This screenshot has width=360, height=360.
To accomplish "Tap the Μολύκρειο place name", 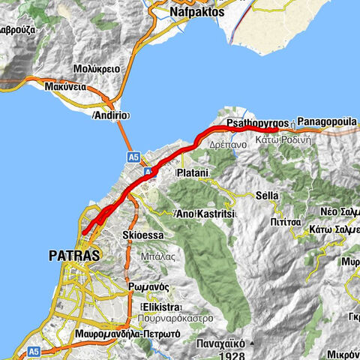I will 97,67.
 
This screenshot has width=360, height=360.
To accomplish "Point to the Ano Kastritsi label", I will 206,214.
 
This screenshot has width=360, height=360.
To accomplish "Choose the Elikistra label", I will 163,307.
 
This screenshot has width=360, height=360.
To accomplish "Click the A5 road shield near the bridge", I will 133,157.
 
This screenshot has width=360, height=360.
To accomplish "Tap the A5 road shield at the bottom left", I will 33,351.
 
